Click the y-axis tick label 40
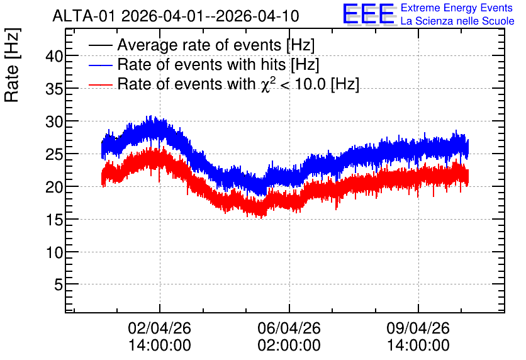tap(54, 56)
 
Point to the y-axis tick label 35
tap(54, 89)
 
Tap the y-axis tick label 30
tap(54, 121)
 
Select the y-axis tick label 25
tap(54, 154)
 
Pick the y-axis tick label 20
tap(54, 187)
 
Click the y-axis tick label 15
tap(54, 220)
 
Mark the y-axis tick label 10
tap(54, 252)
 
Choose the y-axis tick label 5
tap(59, 285)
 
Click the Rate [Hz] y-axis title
tap(13, 65)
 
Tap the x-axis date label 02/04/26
tap(159, 328)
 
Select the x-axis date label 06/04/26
tap(289, 328)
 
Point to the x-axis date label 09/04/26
tap(418, 328)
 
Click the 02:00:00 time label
tap(289, 346)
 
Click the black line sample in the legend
tap(101, 45)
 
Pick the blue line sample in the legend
tap(101, 65)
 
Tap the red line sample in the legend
tap(101, 84)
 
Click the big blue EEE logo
tap(369, 14)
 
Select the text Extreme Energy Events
tap(457, 8)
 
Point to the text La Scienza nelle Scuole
tap(457, 21)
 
